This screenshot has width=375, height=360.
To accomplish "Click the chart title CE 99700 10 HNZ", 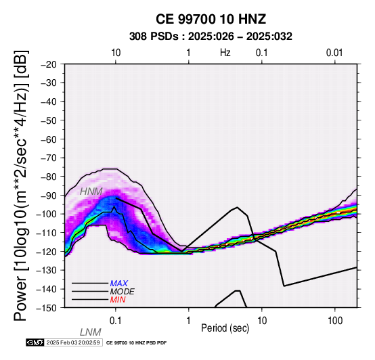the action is pyautogui.click(x=211, y=19).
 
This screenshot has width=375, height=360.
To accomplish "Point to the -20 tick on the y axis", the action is pyautogui.click(x=49, y=64).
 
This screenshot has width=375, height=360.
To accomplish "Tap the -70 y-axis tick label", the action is pyautogui.click(x=49, y=158).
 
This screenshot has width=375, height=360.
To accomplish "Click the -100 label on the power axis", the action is pyautogui.click(x=47, y=214).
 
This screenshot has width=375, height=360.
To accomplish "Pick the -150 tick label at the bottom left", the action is pyautogui.click(x=47, y=308).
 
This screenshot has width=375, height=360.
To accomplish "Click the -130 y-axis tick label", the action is pyautogui.click(x=47, y=270).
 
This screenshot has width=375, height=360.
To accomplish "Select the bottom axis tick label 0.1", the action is pyautogui.click(x=116, y=321).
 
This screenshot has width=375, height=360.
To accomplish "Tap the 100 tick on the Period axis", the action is pyautogui.click(x=335, y=321).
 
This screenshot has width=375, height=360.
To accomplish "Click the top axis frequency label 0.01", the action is pyautogui.click(x=334, y=53).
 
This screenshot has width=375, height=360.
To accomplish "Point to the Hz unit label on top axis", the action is pyautogui.click(x=225, y=53).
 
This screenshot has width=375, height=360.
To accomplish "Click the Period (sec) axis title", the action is pyautogui.click(x=225, y=328).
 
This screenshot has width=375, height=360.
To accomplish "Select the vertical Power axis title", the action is pyautogui.click(x=21, y=185).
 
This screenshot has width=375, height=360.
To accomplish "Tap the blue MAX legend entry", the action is pyautogui.click(x=119, y=284).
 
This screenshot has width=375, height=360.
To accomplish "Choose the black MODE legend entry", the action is pyautogui.click(x=123, y=292).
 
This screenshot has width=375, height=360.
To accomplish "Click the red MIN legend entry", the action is pyautogui.click(x=118, y=300).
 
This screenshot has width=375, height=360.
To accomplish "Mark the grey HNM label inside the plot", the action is pyautogui.click(x=91, y=192).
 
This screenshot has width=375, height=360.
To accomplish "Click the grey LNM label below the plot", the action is pyautogui.click(x=91, y=332).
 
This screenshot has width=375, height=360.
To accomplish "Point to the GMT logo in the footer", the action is pyautogui.click(x=35, y=342).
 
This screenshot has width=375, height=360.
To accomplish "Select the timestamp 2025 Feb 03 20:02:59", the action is pyautogui.click(x=73, y=342).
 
